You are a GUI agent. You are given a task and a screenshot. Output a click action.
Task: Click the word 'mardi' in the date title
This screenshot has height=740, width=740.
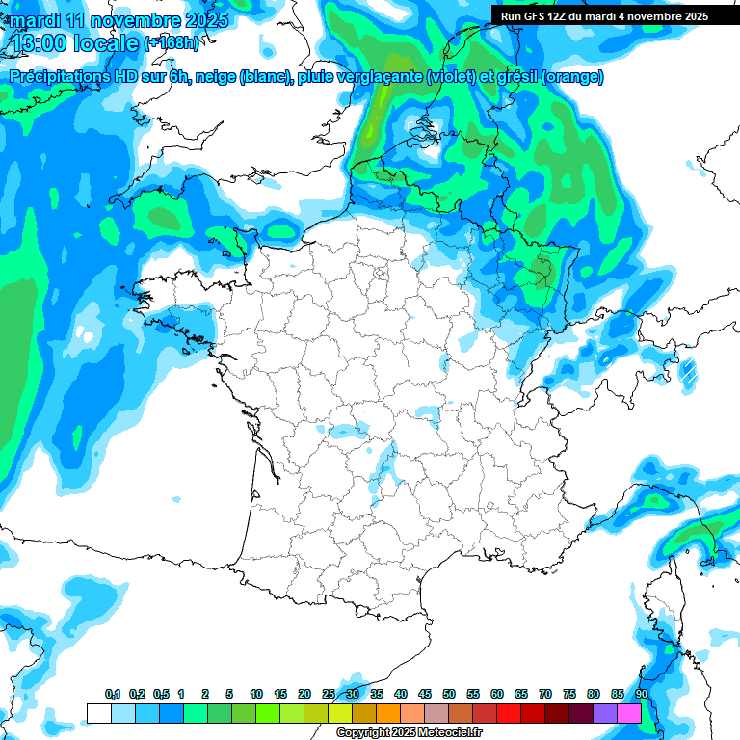38,19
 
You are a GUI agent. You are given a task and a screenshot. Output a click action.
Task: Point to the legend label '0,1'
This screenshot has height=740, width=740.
113,694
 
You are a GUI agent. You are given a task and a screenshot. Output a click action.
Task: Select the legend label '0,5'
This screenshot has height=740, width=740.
161,694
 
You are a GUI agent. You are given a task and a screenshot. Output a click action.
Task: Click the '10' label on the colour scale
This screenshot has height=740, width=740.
256,694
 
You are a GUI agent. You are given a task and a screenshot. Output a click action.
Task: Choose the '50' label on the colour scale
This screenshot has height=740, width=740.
449,694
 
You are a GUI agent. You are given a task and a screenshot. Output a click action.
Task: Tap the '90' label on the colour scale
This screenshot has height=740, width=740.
642,694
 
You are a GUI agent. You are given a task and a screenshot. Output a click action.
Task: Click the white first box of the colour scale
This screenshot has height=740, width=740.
98,713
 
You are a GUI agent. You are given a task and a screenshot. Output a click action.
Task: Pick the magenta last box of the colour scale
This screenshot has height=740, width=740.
629,713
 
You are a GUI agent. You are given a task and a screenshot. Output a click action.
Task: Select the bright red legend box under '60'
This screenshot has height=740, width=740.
509,713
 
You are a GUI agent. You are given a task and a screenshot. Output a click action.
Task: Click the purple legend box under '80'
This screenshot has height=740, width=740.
605,713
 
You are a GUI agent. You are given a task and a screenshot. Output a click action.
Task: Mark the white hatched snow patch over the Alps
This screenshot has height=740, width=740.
688,371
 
